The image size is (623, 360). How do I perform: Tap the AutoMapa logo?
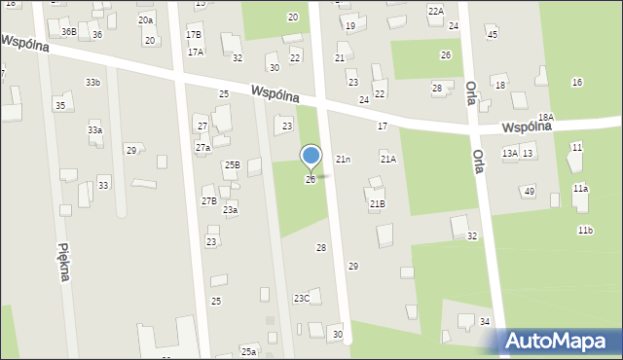point(561,342)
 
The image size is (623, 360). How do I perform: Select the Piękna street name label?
point(63,262)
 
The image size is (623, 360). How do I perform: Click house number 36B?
point(68,32)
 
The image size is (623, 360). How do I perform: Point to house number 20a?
point(145,19)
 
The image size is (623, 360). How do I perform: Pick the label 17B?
point(194,35)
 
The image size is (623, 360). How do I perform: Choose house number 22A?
point(435,11)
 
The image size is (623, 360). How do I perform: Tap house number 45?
point(493,35)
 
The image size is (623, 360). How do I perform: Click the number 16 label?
point(577,83)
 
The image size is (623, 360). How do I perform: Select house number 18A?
point(545,117)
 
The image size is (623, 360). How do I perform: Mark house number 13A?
point(509,154)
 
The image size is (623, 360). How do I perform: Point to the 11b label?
point(585,231)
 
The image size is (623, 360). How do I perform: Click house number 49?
point(529,192)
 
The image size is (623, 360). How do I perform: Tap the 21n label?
point(343,159)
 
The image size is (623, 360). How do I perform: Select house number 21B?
point(377,203)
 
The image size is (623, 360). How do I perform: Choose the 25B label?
point(232,165)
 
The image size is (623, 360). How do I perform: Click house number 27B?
point(208,201)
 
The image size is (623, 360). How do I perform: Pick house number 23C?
point(302,299)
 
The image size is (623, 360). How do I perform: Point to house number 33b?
point(92,83)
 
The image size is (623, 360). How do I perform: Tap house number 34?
point(485,322)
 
